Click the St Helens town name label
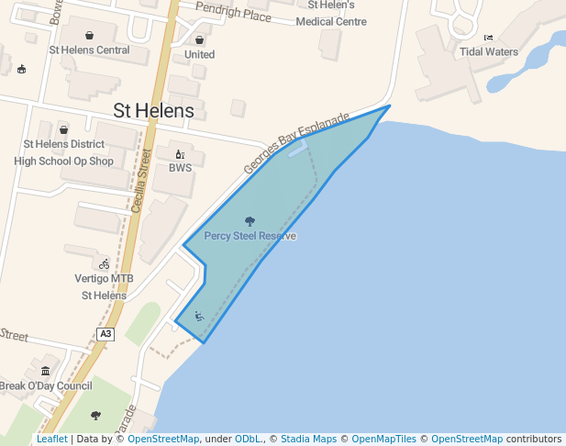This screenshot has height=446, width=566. tap(153, 111)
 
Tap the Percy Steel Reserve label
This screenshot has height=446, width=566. tap(250, 236)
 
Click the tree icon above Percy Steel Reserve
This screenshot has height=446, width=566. tap(250, 221)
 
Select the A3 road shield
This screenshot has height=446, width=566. tap(105, 334)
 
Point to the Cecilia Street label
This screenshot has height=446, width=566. tap(139, 182)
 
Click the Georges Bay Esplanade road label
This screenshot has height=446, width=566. tap(296, 143)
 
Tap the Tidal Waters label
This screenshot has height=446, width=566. tap(489, 51)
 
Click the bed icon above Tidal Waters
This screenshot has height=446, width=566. tap(488, 38)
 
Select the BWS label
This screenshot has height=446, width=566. tap(180, 168)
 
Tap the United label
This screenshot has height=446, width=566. tap(199, 54)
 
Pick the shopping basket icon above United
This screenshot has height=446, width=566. tap(199, 40)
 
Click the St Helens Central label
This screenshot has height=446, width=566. tap(89, 50)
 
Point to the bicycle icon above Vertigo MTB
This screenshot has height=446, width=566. tap(104, 264)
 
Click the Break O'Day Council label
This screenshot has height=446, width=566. tap(45, 385)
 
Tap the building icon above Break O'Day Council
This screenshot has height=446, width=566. tap(45, 371)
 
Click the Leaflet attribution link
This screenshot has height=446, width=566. tap(51, 439)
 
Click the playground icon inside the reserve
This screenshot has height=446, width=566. tap(199, 317)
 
